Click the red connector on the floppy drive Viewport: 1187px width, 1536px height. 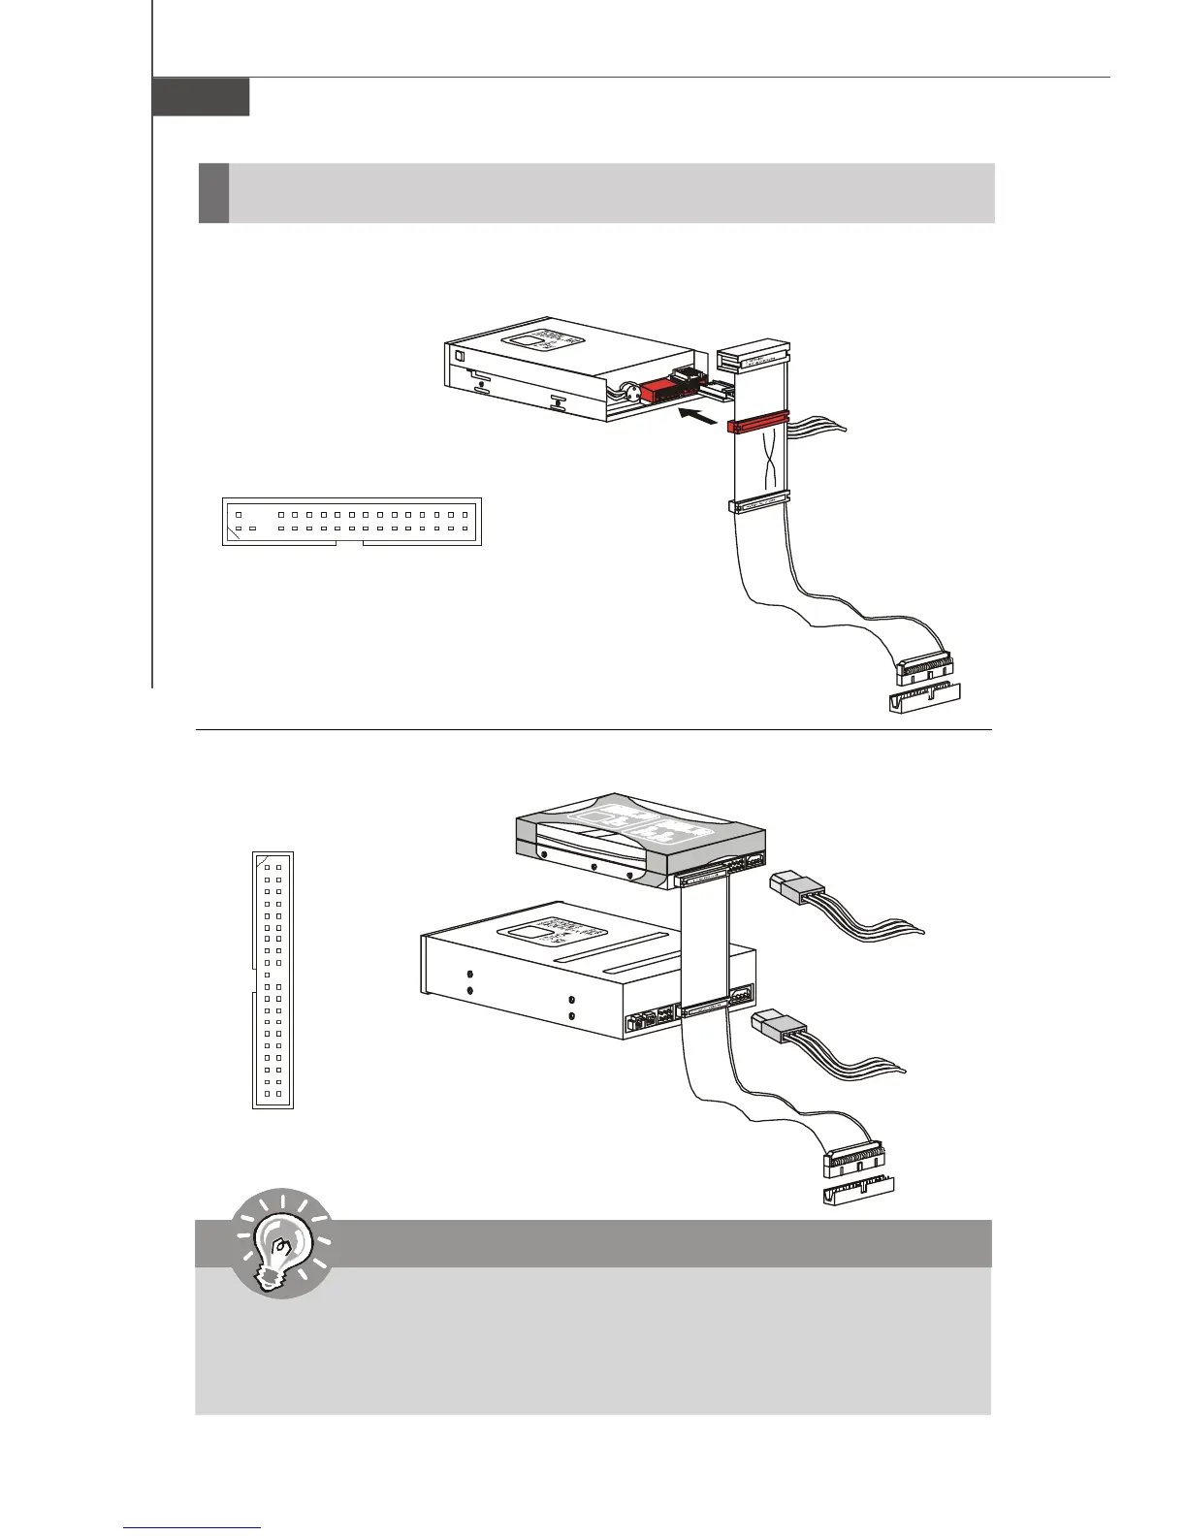662,392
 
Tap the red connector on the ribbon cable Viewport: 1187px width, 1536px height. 759,425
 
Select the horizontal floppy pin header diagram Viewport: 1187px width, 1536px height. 351,522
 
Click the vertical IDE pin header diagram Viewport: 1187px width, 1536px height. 273,979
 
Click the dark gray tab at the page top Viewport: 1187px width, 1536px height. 201,97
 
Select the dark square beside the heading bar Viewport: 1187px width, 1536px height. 213,193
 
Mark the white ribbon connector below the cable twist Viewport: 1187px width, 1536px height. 758,505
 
